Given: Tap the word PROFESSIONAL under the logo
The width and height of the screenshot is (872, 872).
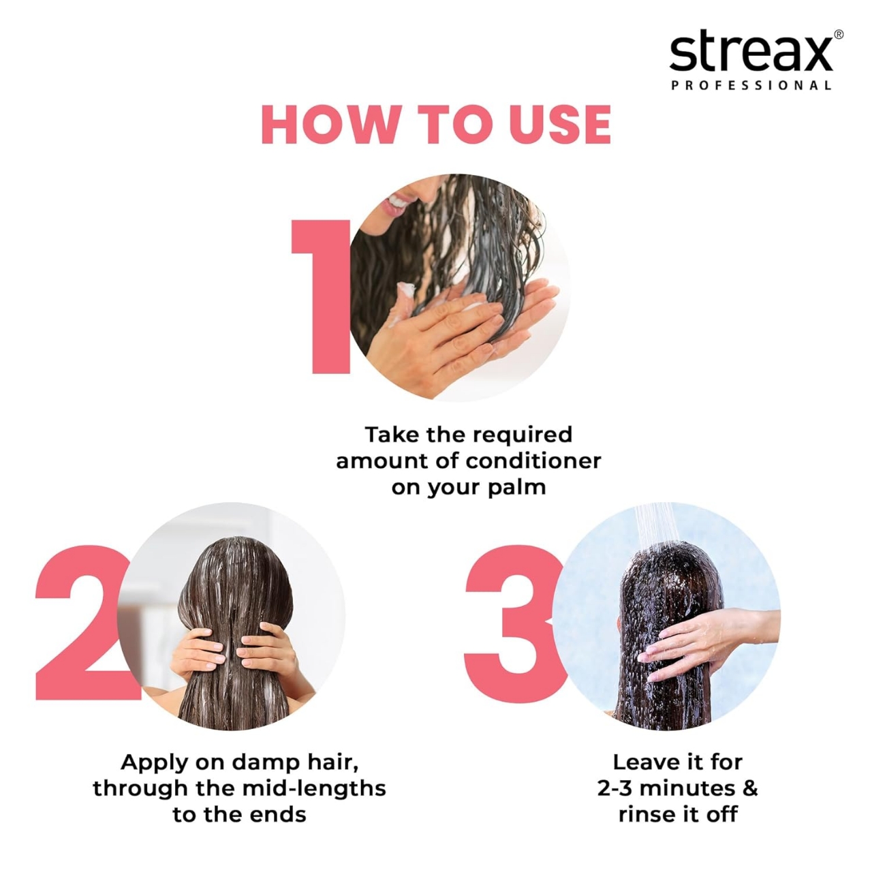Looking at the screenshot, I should (x=751, y=86).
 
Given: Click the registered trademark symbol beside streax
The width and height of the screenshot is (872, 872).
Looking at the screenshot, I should (x=838, y=35).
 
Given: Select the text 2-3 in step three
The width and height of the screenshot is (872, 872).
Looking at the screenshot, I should (x=616, y=788).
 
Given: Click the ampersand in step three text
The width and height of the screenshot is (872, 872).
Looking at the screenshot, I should (x=749, y=788).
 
